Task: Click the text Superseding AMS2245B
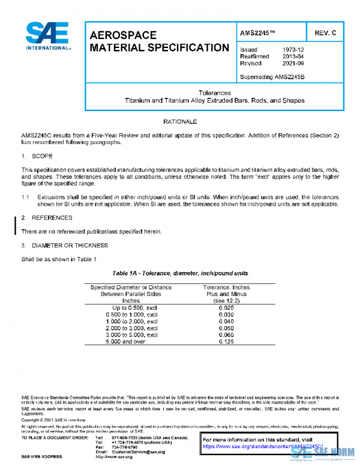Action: (x=272, y=76)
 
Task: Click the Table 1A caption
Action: (x=180, y=273)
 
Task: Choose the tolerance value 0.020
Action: (x=226, y=307)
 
